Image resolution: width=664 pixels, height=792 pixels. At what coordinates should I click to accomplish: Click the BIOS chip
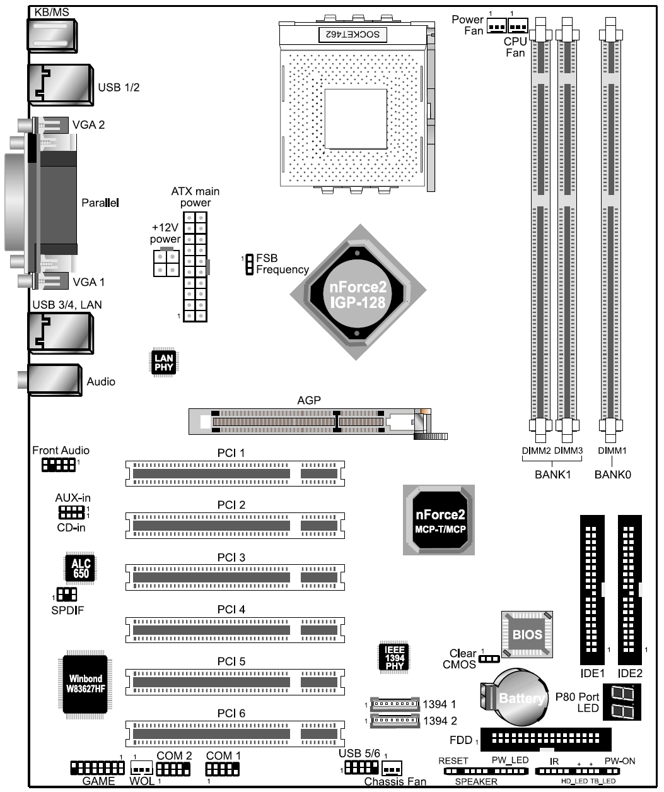527,634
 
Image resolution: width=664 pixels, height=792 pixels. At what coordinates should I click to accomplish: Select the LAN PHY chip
164,362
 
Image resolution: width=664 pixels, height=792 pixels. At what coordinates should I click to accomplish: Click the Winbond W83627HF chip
85,684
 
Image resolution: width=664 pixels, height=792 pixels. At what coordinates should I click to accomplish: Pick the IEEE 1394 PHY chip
394,658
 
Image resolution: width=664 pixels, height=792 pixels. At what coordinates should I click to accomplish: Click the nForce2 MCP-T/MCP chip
439,519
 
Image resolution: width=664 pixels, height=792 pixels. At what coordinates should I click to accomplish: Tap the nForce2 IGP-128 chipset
358,292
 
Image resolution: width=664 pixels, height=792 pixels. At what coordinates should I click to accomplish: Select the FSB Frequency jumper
249,264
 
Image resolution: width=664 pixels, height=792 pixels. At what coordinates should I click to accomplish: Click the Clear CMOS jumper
489,659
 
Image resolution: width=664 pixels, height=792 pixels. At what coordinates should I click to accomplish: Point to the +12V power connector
166,263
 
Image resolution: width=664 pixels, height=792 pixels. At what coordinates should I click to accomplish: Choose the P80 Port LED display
622,702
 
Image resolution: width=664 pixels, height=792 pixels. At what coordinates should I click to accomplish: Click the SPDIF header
67,594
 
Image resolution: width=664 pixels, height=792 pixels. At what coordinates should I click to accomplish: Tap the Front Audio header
59,464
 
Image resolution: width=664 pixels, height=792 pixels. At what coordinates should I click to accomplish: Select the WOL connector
142,768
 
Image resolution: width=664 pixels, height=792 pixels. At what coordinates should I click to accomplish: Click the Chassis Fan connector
392,768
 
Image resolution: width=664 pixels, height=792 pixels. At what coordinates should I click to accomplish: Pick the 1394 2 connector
395,720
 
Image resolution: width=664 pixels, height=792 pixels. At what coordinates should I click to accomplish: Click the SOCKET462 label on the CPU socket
352,35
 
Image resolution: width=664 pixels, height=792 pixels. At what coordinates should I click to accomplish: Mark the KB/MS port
52,35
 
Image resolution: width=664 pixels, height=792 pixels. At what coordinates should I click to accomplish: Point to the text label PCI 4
231,609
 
